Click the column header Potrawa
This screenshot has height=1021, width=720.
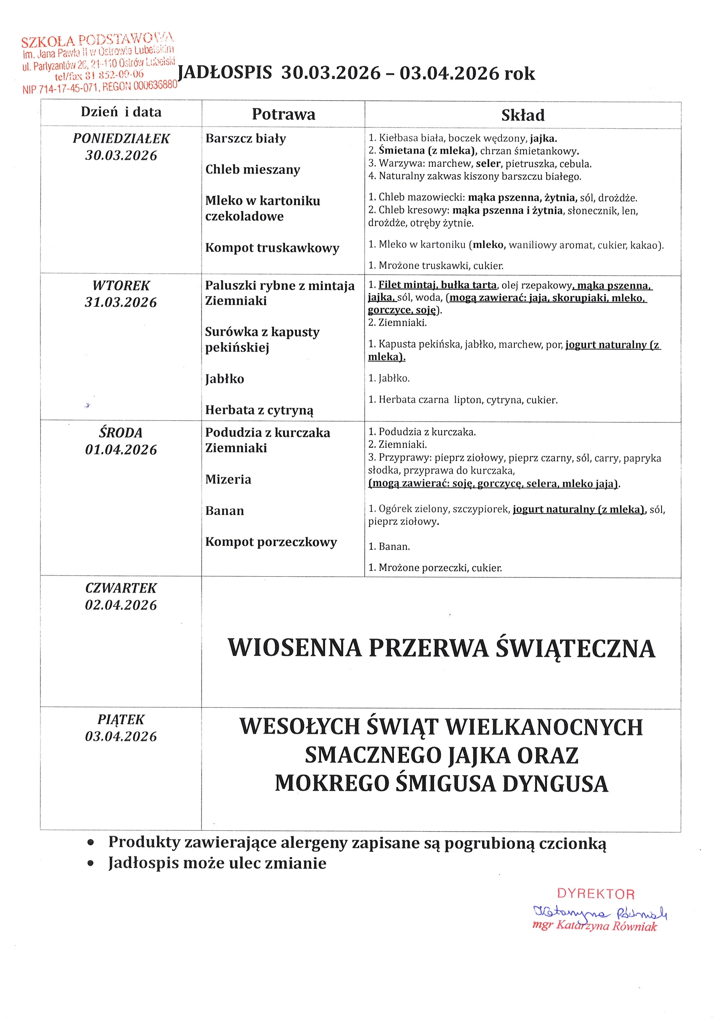284,114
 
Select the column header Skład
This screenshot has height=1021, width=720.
522,115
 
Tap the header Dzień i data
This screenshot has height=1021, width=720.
121,111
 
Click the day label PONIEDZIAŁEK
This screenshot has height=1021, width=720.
121,138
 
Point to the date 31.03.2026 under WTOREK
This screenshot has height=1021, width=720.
121,303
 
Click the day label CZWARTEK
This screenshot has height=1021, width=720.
121,588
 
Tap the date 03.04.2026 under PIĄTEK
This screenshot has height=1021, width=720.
121,736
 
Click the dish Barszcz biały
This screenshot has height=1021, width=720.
246,138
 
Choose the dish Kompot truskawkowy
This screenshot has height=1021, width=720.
272,248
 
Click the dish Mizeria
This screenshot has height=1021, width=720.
228,480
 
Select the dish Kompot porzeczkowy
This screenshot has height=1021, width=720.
271,542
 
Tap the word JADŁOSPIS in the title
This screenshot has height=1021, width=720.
225,72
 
